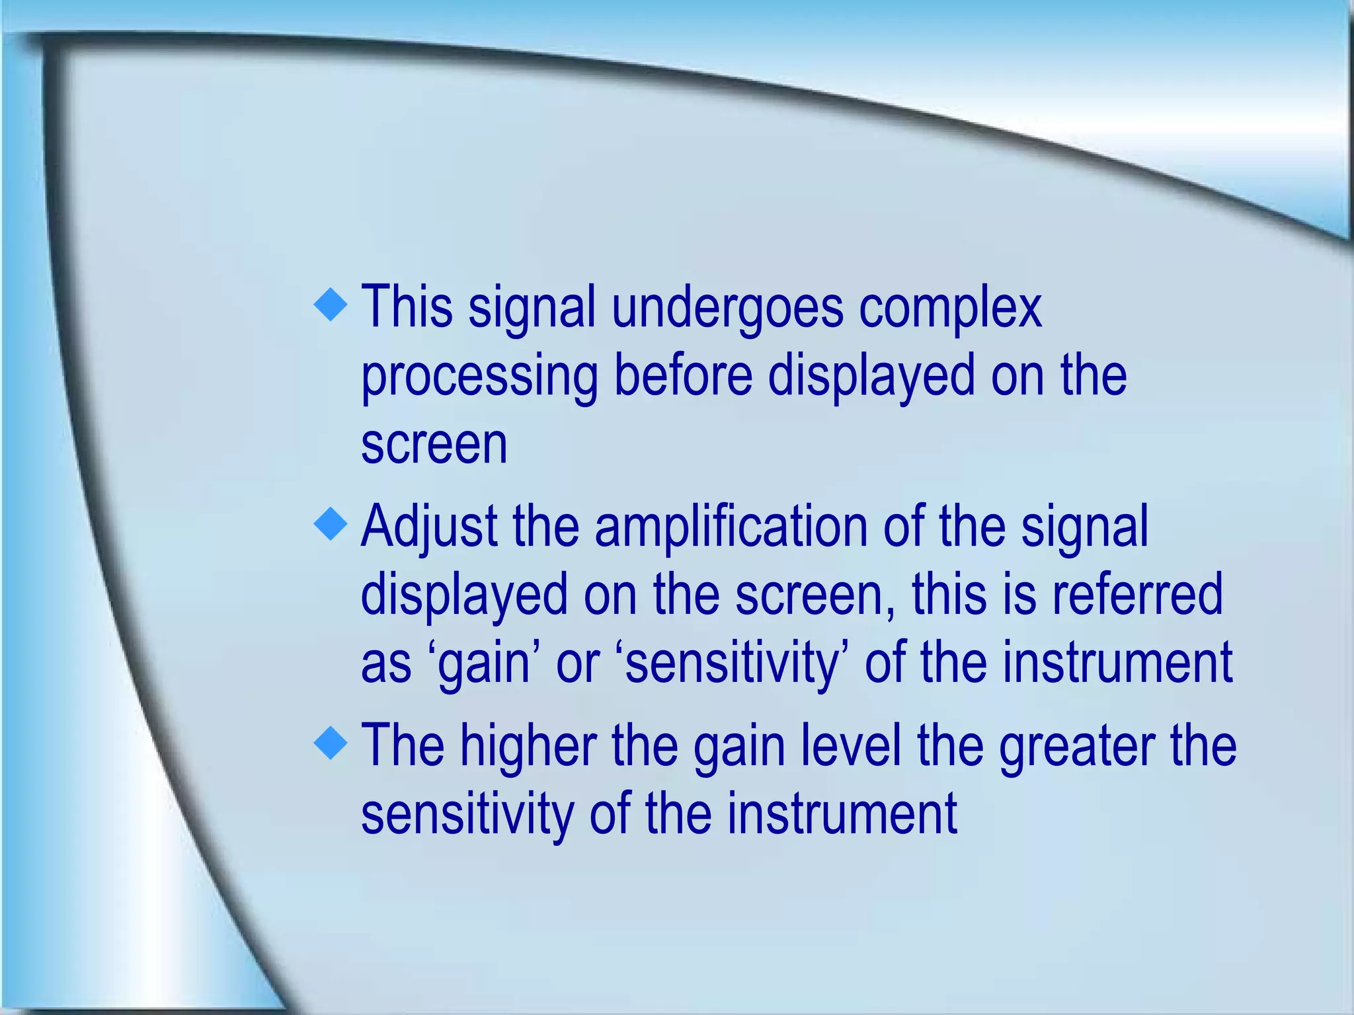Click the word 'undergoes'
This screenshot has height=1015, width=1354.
click(x=727, y=309)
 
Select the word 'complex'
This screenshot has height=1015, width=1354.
click(x=950, y=309)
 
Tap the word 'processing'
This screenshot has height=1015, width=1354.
click(x=479, y=377)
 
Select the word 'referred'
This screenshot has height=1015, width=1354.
click(x=1137, y=595)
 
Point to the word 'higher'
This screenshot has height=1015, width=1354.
click(x=528, y=746)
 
